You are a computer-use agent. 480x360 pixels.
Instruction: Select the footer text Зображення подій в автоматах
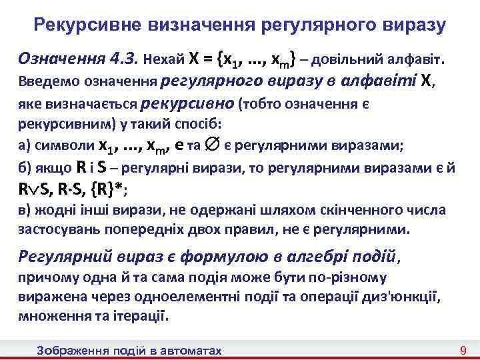click(x=129, y=350)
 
